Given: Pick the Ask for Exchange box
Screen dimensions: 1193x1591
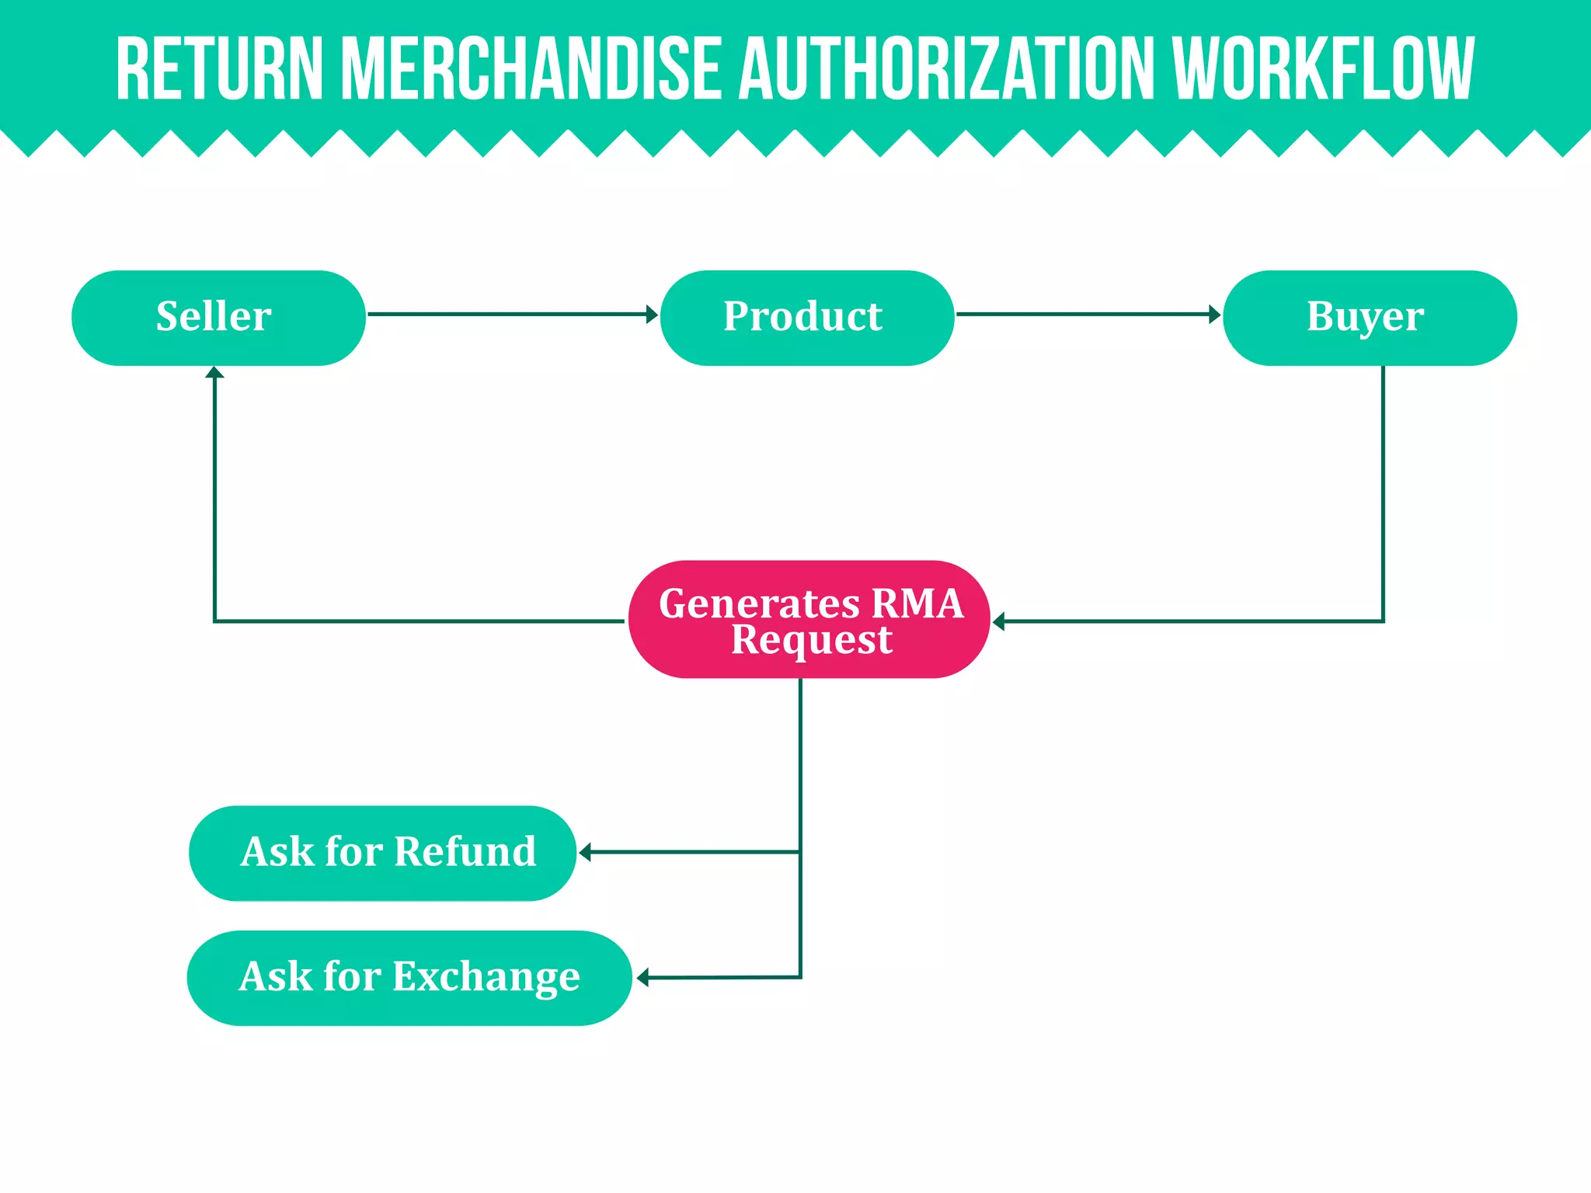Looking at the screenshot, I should coord(409,978).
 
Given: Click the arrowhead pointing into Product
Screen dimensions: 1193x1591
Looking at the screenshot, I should coord(653,315).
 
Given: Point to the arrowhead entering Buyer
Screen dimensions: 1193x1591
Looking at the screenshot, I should coord(1215,315).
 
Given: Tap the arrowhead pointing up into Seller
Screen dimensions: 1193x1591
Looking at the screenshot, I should coord(215,373).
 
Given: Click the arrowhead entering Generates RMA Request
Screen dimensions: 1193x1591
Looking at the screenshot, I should coord(999,621).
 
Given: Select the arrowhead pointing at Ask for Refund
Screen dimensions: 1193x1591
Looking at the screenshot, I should coord(585,852).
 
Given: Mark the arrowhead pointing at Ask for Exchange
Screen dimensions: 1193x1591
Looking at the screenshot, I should coord(642,978).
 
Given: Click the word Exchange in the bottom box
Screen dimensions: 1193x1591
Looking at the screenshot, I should coord(486,977).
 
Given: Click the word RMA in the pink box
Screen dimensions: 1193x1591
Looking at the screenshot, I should coord(917,603).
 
